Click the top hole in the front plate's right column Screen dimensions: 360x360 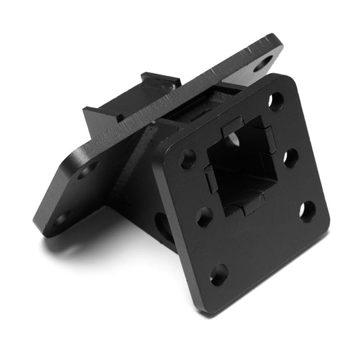pos(275,101)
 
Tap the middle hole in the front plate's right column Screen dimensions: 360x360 pos(291,157)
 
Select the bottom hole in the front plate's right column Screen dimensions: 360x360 pos(307,211)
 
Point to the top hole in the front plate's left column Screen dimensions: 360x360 pos(188,159)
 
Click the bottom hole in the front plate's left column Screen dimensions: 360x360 pos(219,273)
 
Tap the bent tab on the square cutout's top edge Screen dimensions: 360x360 pos(231,126)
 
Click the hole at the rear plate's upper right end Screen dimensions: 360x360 pos(264,64)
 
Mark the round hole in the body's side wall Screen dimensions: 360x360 pos(162,225)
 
